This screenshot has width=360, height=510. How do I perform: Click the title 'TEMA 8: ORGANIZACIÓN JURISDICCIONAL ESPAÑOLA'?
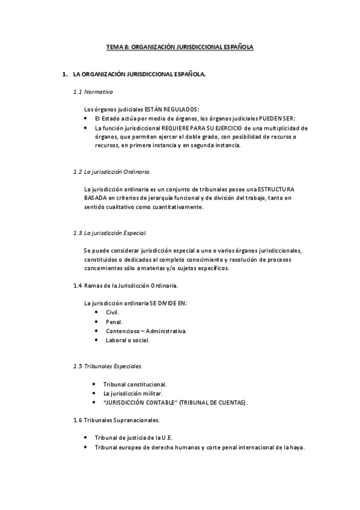coord(180,46)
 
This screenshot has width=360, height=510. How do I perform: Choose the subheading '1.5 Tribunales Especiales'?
coord(107,366)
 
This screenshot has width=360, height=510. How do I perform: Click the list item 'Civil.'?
coord(112,312)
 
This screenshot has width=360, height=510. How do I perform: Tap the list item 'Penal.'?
coord(114,322)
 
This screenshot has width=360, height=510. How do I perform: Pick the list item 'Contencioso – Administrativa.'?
coord(146,331)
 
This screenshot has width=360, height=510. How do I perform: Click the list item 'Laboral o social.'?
coord(127,340)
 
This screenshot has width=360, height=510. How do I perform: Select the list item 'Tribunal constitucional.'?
coord(135,384)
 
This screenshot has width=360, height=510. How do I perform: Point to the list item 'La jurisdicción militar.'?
coord(133,393)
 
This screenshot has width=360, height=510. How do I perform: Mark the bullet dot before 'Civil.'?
coord(97,312)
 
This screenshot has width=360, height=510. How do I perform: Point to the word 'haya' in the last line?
coord(297,447)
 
